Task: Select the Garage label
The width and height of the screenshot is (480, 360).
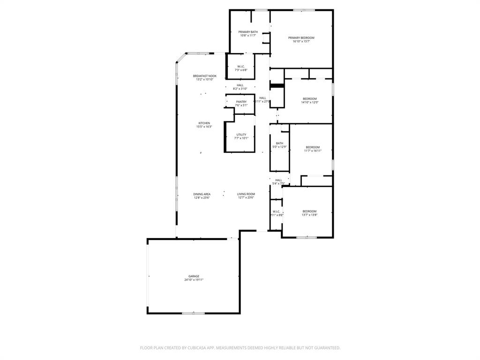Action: (194, 276)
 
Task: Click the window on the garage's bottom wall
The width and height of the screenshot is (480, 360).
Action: (193, 313)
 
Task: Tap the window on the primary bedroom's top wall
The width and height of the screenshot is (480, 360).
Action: (304, 10)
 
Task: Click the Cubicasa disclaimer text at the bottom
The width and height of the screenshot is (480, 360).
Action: (240, 348)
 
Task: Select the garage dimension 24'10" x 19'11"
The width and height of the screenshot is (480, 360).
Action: (194, 280)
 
